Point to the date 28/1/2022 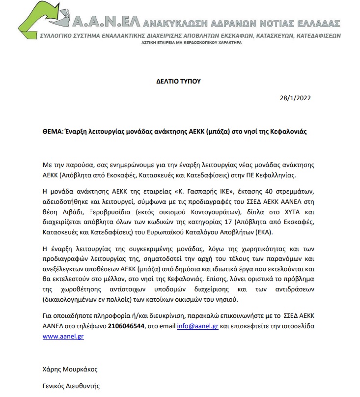tap(295, 98)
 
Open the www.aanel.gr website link tap(61, 337)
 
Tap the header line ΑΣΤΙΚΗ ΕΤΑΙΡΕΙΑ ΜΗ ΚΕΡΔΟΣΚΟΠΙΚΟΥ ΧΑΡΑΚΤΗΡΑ tap(192, 43)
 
